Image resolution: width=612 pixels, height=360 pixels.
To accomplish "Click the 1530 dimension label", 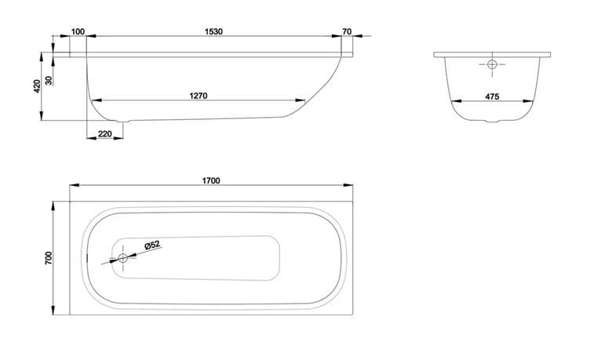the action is (x=213, y=31).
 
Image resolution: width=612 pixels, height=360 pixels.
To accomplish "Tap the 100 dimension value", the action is (x=78, y=31).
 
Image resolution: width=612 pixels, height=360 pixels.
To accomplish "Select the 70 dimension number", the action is (x=347, y=31).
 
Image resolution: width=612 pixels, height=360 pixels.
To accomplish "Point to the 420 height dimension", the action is (x=38, y=85).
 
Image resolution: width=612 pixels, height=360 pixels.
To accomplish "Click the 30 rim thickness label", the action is (x=49, y=80).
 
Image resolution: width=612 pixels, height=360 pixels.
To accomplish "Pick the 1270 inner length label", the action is (x=199, y=96).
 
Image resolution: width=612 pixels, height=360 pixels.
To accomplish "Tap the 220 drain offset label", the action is (x=105, y=134).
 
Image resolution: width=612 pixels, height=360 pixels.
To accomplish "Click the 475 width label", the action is (x=492, y=96).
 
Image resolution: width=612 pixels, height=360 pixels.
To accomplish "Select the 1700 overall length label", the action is (x=211, y=180).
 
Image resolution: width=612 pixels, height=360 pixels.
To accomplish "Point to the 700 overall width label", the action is (x=49, y=258).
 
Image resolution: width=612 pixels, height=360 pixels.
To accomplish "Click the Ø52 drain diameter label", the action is (x=152, y=245).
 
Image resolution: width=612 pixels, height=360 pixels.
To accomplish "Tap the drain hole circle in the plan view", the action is (x=123, y=257).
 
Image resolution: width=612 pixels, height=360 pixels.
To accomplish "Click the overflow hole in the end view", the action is (x=492, y=64).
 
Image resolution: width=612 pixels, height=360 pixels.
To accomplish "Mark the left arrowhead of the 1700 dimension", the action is (x=75, y=185).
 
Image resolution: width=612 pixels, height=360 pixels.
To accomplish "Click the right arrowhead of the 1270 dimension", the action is (x=301, y=100).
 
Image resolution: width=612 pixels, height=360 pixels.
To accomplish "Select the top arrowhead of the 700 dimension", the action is (x=53, y=206).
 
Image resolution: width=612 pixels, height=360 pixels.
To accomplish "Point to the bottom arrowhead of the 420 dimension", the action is (x=42, y=116).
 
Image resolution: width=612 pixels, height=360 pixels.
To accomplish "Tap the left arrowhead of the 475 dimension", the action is (x=457, y=101).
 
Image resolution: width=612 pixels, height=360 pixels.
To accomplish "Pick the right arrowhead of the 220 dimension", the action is (x=118, y=138).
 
